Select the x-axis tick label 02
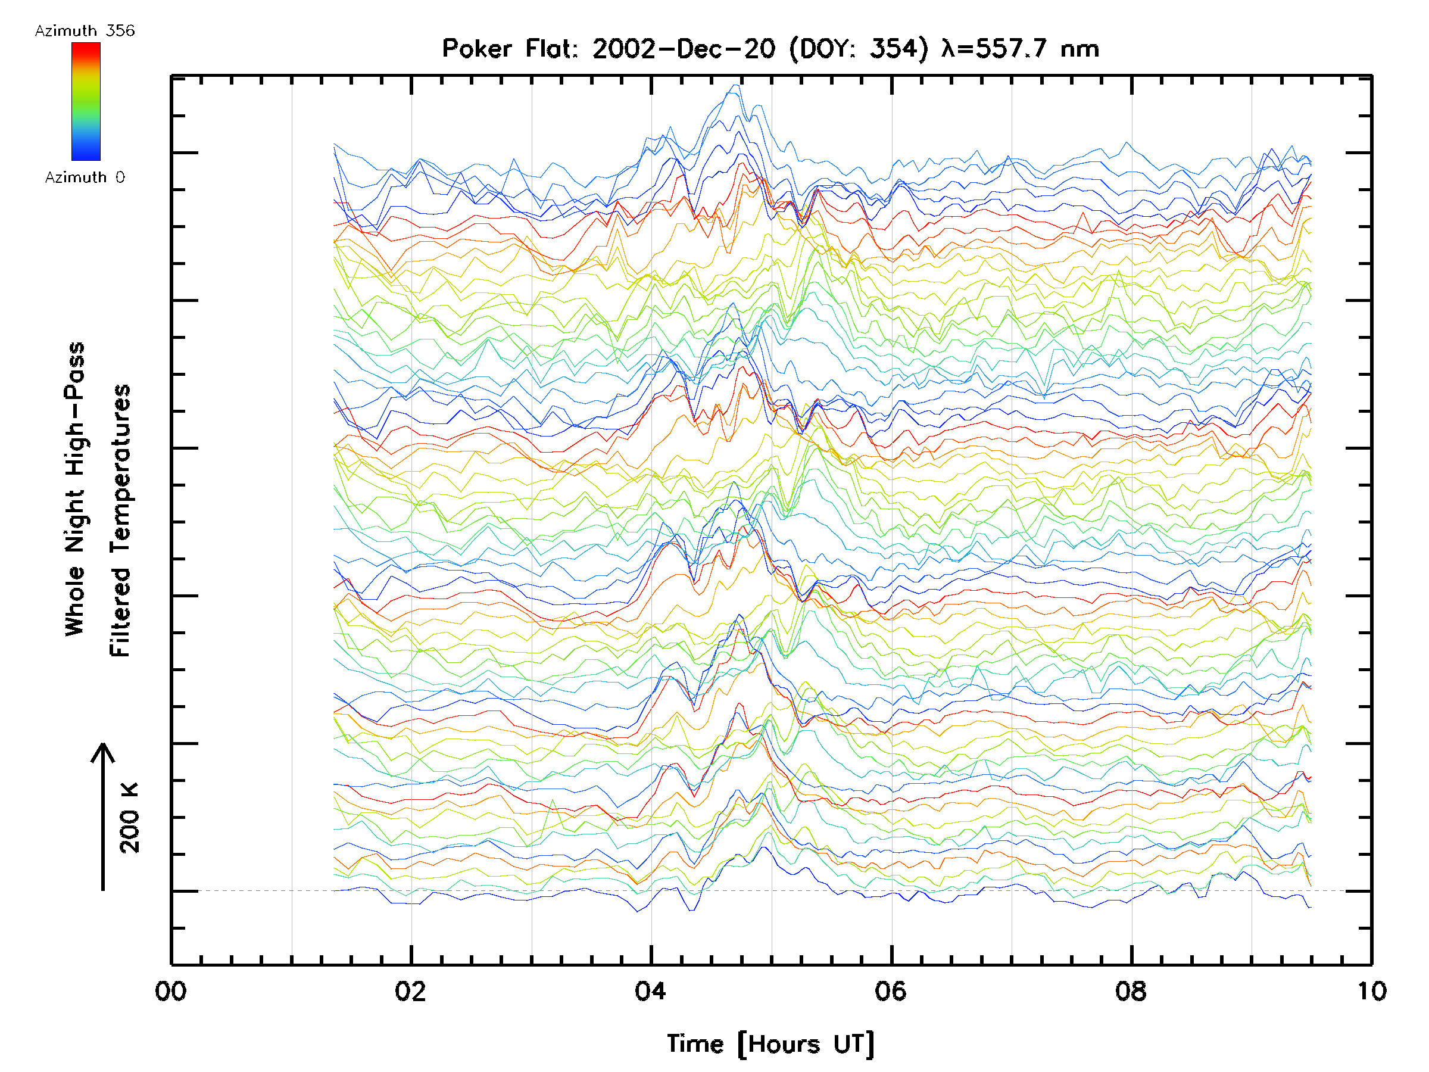click(411, 992)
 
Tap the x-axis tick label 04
click(651, 992)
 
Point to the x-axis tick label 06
click(891, 992)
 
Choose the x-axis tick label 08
click(1131, 992)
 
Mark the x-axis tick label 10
click(1371, 992)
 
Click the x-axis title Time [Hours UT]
click(770, 1045)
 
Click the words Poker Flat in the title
click(510, 49)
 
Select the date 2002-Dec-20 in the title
click(684, 49)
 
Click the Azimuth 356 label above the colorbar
click(85, 31)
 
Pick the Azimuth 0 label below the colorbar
click(85, 177)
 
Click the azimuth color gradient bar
click(86, 101)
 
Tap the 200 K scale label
click(129, 818)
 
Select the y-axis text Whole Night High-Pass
click(75, 488)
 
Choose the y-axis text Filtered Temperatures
click(120, 521)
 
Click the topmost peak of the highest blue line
click(735, 85)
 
